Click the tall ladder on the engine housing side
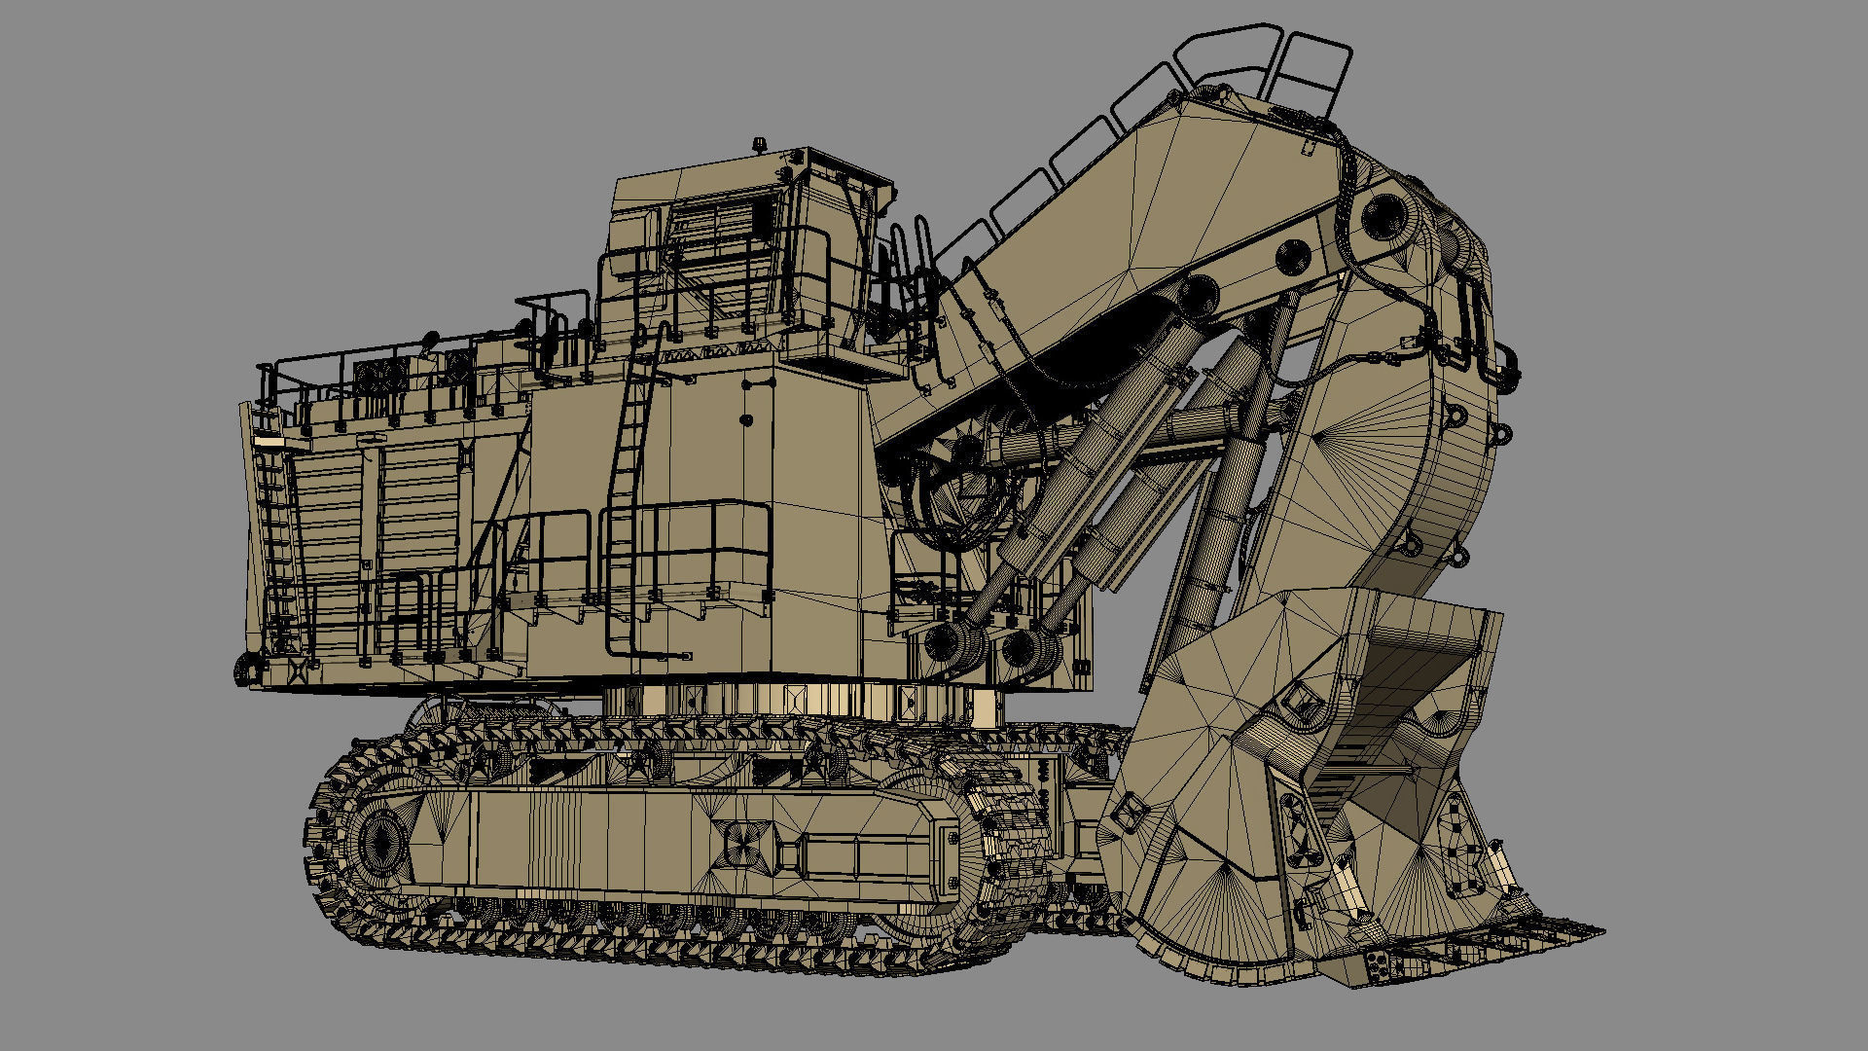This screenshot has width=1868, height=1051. click(x=628, y=457)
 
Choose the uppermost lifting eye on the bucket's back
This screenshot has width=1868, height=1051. click(x=1456, y=417)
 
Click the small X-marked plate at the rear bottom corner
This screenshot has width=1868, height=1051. click(x=297, y=669)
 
